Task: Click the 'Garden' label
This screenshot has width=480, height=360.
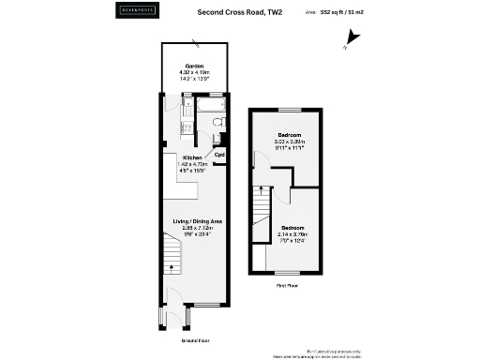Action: (193, 66)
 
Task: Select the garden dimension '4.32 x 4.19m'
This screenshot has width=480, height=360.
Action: (193, 72)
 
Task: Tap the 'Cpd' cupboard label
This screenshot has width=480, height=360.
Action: (219, 155)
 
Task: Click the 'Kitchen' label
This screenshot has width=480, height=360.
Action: (193, 157)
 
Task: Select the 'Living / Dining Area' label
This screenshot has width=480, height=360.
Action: (197, 220)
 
